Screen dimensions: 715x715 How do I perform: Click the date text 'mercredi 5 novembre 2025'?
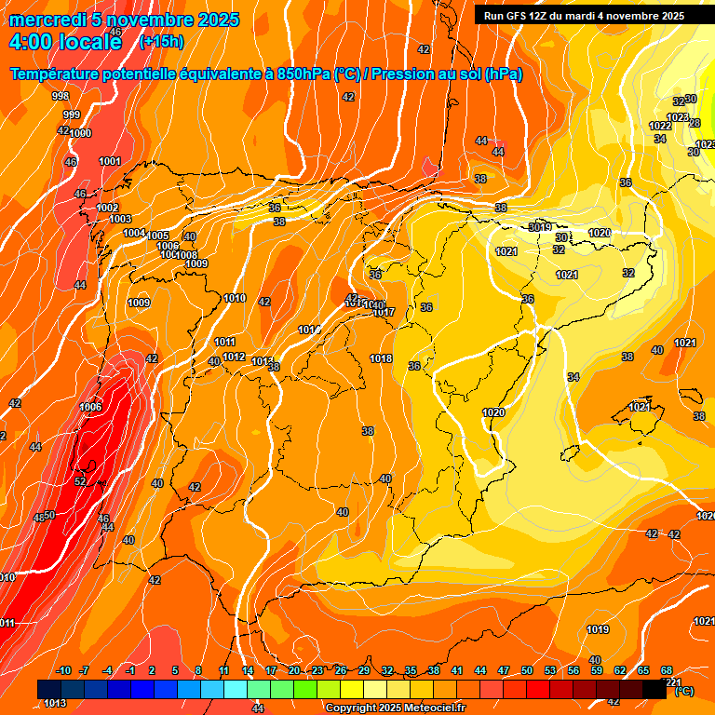pos(124,20)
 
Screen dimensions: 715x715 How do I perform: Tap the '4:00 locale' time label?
pos(64,42)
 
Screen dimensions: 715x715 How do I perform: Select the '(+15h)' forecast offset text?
pos(162,41)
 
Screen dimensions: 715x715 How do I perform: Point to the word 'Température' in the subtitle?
pos(58,74)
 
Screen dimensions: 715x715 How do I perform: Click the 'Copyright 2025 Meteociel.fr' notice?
pos(395,708)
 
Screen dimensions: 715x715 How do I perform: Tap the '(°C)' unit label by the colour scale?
pos(683,691)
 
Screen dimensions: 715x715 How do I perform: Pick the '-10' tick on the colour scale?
pos(63,671)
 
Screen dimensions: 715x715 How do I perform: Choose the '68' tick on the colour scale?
pos(667,671)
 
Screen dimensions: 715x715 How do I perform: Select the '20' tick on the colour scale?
pos(293,671)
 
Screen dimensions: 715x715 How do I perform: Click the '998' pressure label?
pos(61,96)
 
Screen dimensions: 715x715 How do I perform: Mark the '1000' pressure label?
pos(81,133)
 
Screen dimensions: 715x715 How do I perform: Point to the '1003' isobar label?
pos(120,219)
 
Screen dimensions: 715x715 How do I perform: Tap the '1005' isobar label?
pos(158,236)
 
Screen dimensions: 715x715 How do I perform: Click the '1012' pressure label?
pos(234,357)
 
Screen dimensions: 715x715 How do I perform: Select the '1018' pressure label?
pos(381,358)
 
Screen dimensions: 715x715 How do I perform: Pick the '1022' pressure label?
pos(660,126)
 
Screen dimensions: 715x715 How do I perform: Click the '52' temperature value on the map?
pos(80,481)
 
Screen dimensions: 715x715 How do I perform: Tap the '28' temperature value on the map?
pos(694,123)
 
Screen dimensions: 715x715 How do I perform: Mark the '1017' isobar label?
pos(384,312)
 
